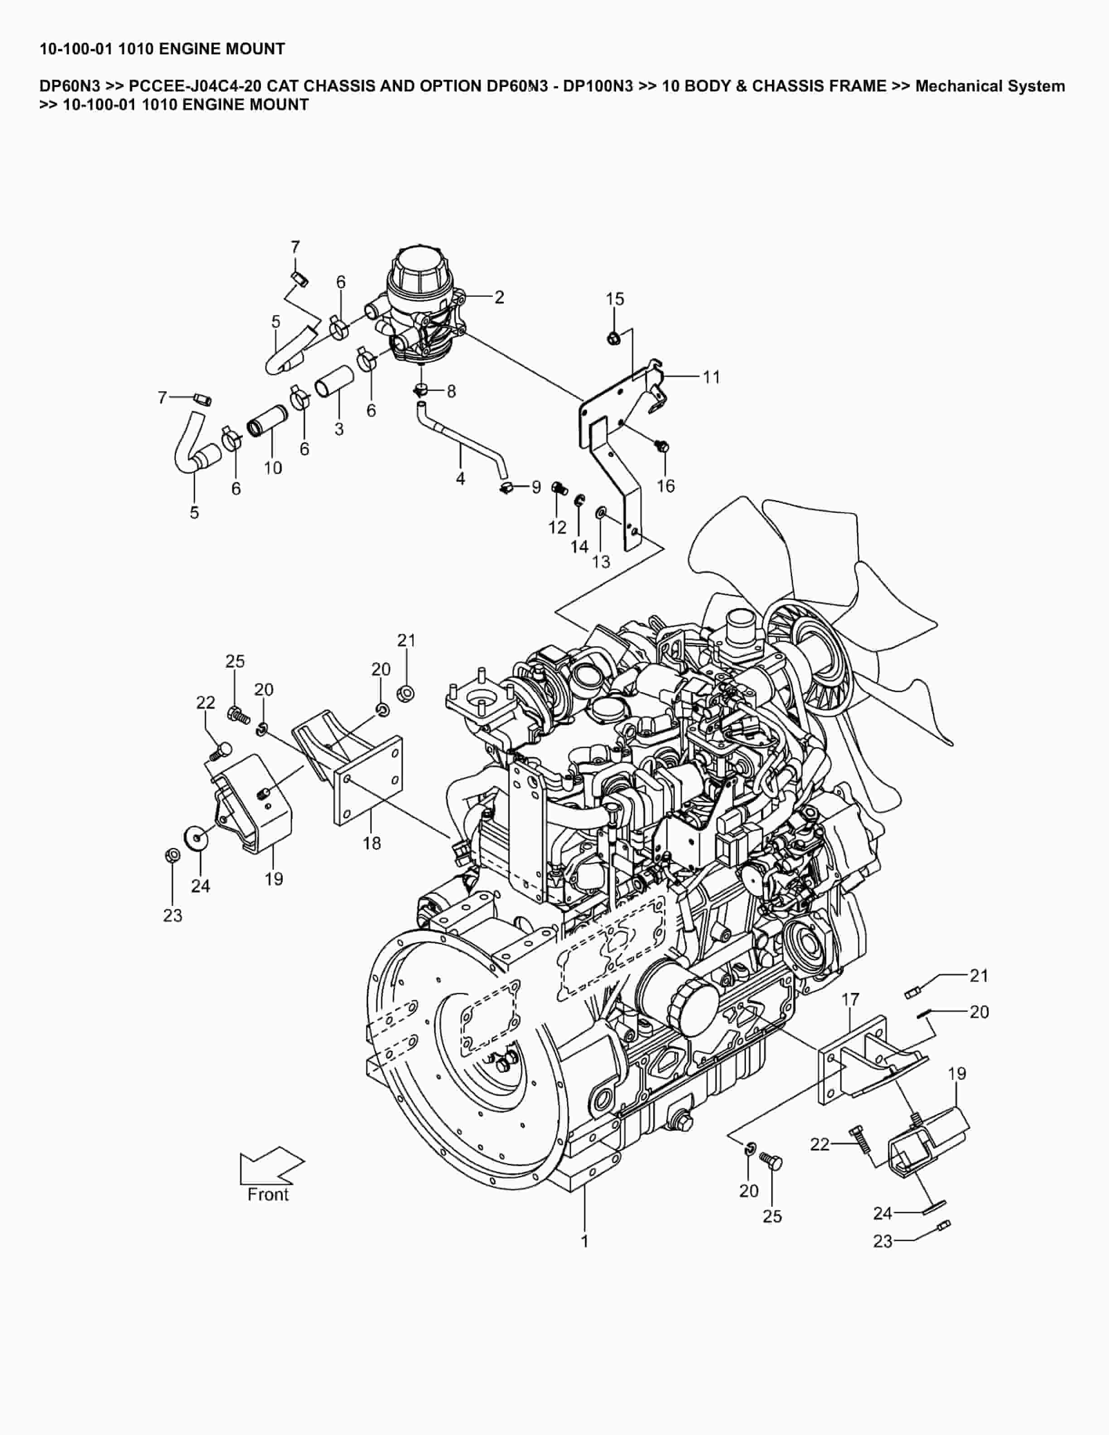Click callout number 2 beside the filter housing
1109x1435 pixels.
(499, 297)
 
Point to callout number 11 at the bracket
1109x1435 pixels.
(712, 377)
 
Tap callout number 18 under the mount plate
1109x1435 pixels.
(372, 843)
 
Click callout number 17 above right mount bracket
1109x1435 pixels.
(850, 999)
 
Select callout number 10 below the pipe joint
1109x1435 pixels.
(273, 468)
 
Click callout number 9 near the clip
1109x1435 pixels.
(536, 487)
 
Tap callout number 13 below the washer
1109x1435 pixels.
(601, 561)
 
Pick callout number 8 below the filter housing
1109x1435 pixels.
(451, 392)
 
